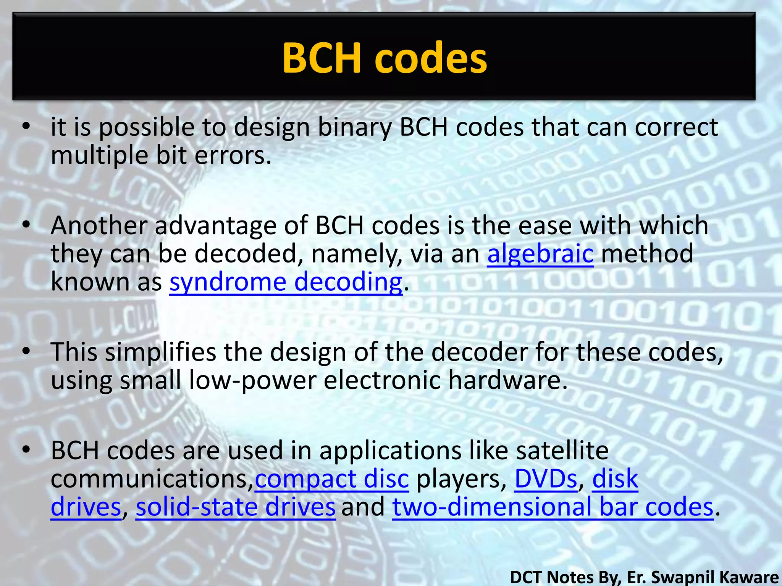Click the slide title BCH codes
(x=385, y=58)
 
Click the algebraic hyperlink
(x=540, y=254)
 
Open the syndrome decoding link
(x=286, y=282)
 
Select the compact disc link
(x=331, y=479)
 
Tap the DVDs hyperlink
(x=546, y=479)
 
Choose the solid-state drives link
(x=236, y=507)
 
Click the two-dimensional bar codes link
(x=553, y=507)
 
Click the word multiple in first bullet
(x=99, y=156)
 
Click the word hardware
(x=508, y=380)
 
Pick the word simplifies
(x=160, y=352)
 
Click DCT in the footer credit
(x=525, y=577)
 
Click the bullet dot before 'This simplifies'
(x=26, y=351)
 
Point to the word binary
(x=355, y=128)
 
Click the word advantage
(x=215, y=225)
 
